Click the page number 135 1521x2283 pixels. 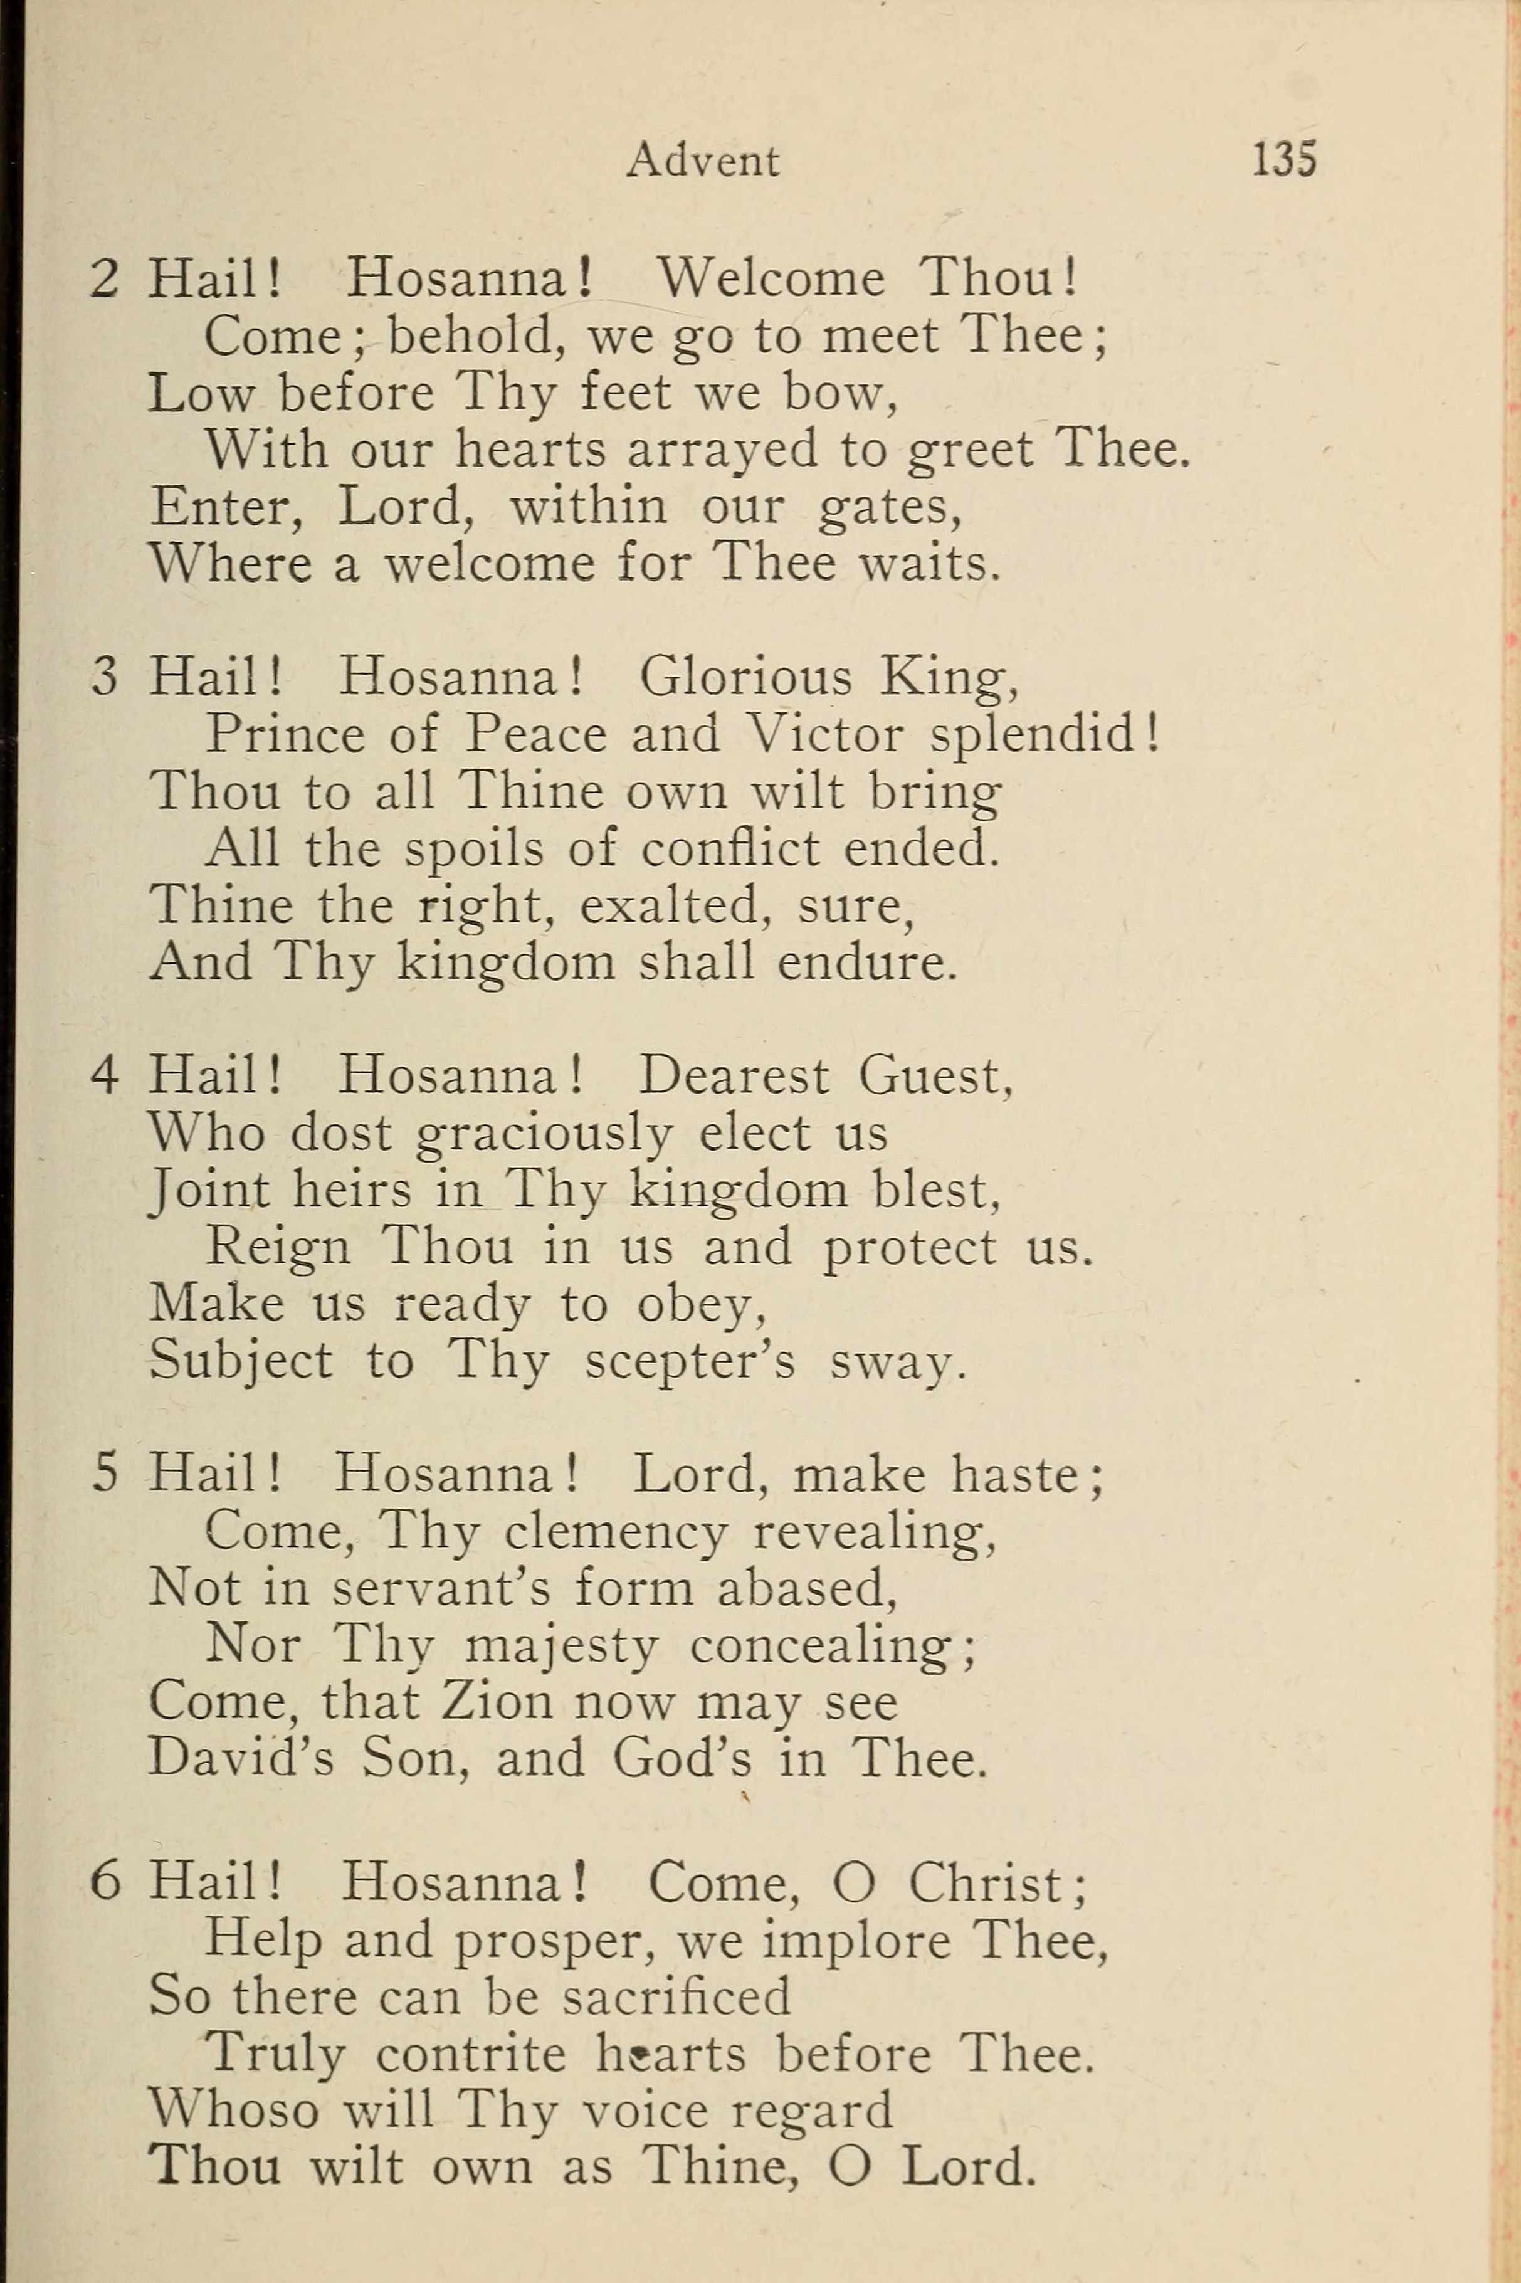click(x=1283, y=159)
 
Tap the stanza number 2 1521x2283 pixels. click(x=104, y=280)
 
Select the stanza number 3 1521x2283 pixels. click(x=104, y=678)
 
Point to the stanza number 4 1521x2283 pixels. click(x=104, y=1077)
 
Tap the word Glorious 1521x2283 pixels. click(x=745, y=678)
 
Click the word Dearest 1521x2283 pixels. click(x=732, y=1077)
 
